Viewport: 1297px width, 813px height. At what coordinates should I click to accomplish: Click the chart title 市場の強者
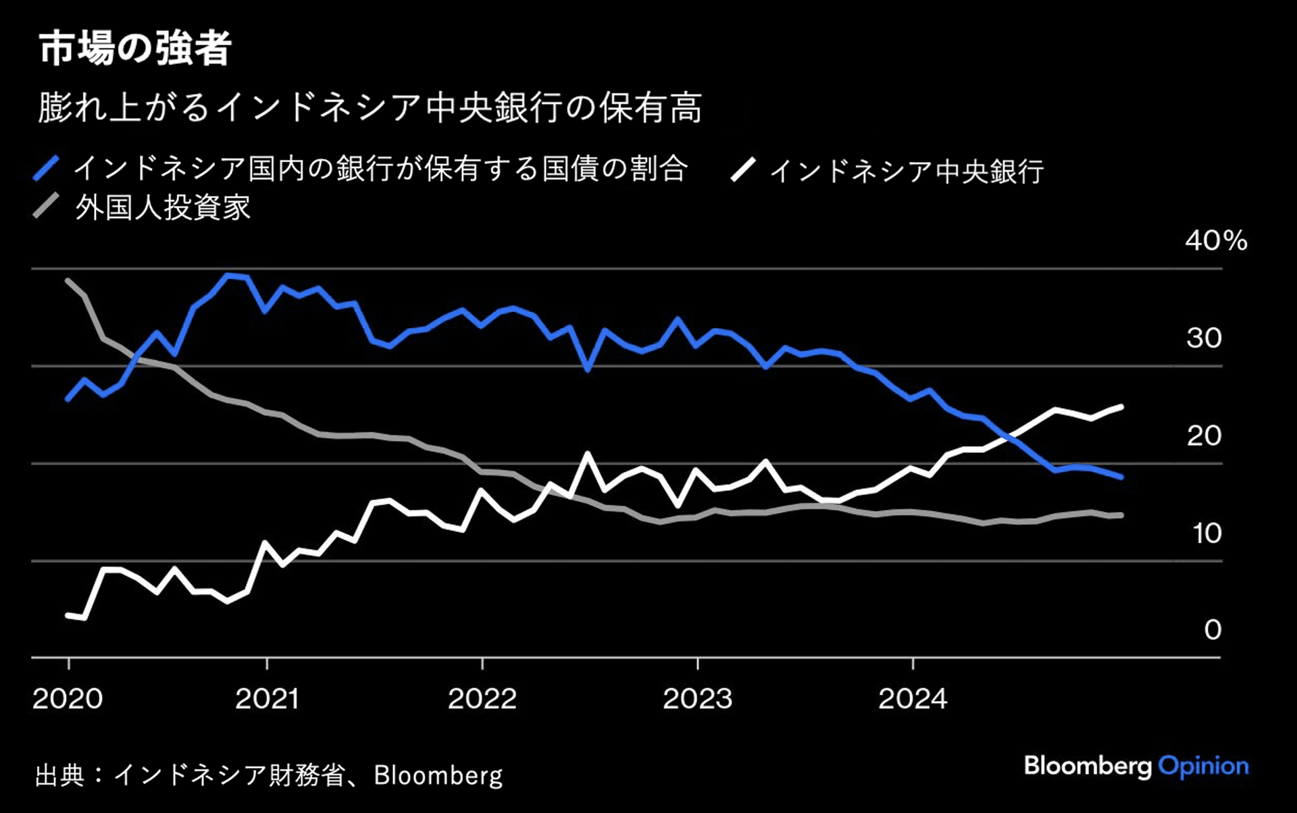tap(135, 49)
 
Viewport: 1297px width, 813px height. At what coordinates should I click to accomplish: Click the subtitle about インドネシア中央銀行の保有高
tap(370, 108)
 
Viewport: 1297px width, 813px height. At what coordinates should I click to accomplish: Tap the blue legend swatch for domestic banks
tap(46, 168)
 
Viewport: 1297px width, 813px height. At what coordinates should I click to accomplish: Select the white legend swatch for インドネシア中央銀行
tap(742, 169)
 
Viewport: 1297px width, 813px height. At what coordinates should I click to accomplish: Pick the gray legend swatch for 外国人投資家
tap(46, 206)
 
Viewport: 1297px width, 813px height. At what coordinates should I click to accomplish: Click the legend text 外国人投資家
tap(163, 207)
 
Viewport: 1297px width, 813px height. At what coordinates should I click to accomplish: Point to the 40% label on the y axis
tap(1216, 241)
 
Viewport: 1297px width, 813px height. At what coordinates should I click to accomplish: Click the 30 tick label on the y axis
tap(1204, 338)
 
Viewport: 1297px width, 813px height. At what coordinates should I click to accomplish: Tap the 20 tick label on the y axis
tap(1204, 436)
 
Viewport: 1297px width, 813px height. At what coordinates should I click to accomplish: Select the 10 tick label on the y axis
tap(1206, 533)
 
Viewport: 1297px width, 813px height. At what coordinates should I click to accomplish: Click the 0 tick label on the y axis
tap(1213, 630)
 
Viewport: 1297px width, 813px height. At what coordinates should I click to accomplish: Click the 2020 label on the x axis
tap(68, 699)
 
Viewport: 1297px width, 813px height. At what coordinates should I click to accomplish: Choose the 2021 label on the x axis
tap(267, 699)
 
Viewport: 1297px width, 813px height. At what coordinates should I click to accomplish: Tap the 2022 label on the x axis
tap(482, 699)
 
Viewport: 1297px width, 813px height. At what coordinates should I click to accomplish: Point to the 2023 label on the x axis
tap(697, 699)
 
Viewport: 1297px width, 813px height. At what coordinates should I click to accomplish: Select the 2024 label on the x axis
tap(913, 699)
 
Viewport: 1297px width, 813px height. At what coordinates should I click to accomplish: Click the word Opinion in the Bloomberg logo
tap(1203, 766)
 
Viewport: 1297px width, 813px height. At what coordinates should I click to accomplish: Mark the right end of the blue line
tap(1121, 477)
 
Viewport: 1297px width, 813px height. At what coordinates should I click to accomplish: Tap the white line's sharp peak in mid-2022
tap(588, 454)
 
